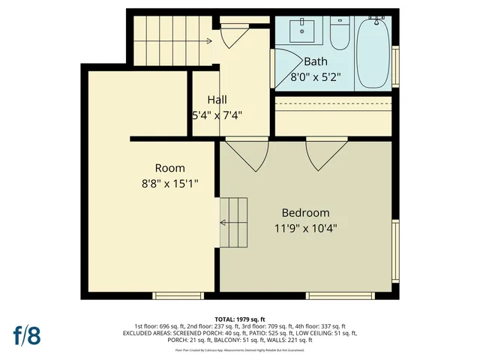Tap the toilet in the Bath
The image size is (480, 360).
pos(340,34)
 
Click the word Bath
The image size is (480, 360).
pos(315,61)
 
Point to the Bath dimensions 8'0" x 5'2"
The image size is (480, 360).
pos(316,76)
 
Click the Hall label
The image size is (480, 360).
pos(217,100)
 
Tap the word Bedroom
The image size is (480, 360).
pos(305,213)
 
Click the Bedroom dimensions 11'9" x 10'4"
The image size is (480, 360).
pos(305,229)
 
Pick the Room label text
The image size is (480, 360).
pos(169,168)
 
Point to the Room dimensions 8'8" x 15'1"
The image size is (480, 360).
pos(169,183)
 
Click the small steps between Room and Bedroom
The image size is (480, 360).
pos(233,223)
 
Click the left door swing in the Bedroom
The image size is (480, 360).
pos(247,154)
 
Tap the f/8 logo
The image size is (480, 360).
pos(26,334)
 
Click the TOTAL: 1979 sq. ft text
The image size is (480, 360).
pos(240,319)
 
